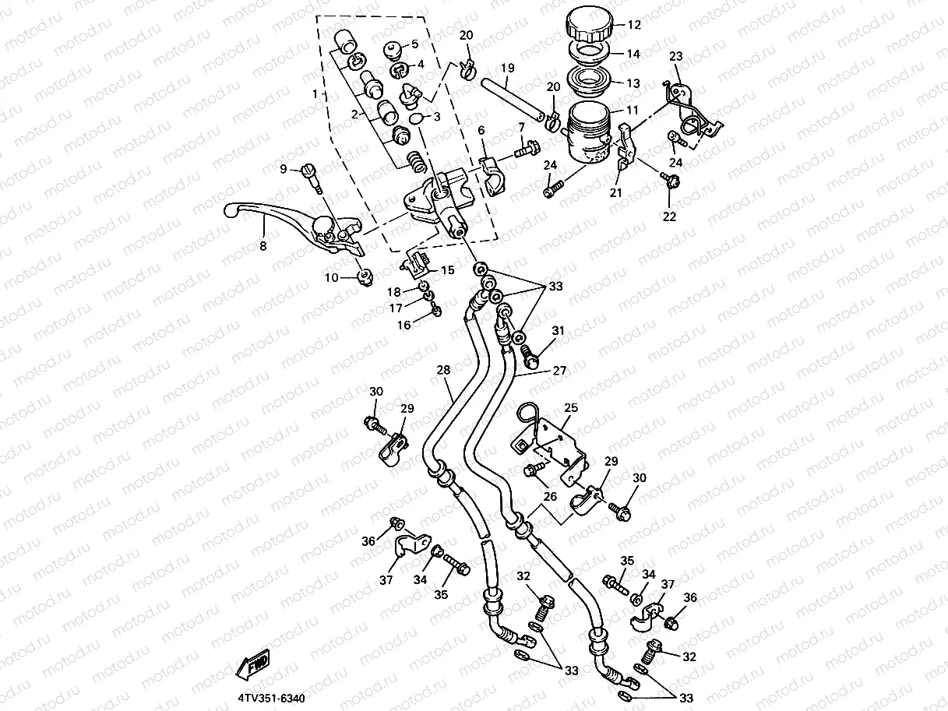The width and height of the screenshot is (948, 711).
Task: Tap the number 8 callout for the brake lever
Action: [263, 245]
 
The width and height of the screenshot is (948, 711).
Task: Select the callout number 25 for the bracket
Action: [570, 407]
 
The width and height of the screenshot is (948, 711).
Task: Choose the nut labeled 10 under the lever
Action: [363, 277]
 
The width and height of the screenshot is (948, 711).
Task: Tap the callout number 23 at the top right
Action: [675, 56]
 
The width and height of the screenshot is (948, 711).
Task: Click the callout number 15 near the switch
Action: [447, 270]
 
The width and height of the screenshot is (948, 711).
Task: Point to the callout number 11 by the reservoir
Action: [633, 111]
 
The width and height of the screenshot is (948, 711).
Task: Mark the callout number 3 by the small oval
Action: [436, 117]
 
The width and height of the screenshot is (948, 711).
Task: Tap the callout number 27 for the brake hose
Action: [559, 371]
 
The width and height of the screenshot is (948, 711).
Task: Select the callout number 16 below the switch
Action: [404, 325]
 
